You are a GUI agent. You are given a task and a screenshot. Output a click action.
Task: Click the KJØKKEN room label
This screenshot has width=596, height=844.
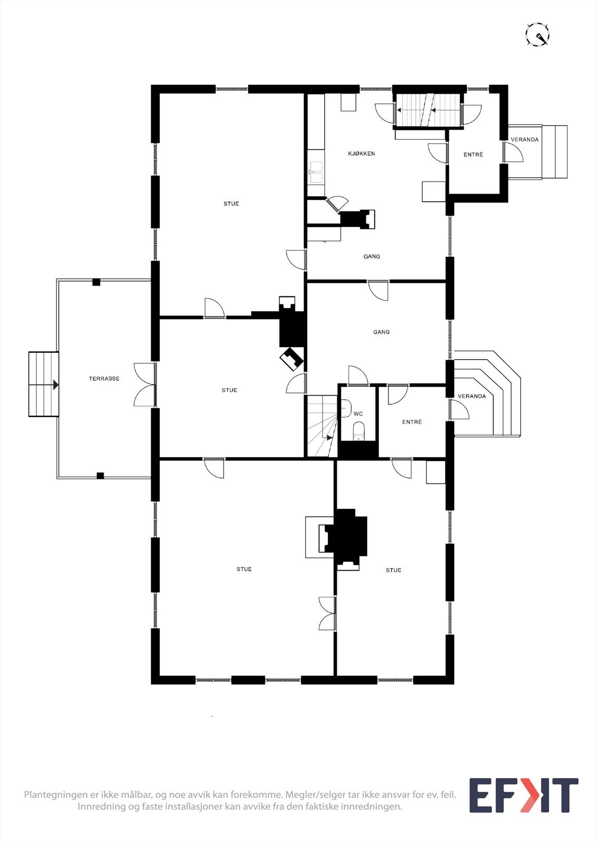pyautogui.click(x=361, y=154)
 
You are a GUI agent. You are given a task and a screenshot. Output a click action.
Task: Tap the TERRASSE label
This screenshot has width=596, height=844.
pyautogui.click(x=104, y=379)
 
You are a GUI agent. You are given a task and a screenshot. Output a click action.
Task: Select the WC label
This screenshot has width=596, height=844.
pyautogui.click(x=358, y=414)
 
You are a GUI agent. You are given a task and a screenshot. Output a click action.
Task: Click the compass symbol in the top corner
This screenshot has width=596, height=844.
pyautogui.click(x=538, y=35)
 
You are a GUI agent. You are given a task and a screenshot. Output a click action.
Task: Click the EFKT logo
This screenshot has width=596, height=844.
pyautogui.click(x=523, y=795)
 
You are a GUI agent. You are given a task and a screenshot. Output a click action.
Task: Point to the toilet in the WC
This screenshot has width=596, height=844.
pyautogui.click(x=358, y=430)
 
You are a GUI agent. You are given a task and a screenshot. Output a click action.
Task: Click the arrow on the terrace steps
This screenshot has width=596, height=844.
pyautogui.click(x=55, y=385)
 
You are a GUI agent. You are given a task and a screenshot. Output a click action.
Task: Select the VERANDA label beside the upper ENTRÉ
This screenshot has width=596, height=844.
pyautogui.click(x=524, y=140)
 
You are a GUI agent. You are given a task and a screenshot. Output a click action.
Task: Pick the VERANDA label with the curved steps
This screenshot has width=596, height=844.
pyautogui.click(x=472, y=396)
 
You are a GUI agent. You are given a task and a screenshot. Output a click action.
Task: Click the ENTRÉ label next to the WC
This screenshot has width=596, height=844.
pyautogui.click(x=412, y=422)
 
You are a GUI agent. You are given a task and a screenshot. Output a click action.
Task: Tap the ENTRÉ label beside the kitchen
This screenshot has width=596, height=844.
pyautogui.click(x=473, y=155)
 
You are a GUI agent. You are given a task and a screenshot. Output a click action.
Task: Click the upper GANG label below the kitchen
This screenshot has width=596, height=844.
pyautogui.click(x=372, y=256)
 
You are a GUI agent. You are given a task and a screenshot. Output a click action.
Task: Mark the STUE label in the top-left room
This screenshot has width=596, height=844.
pyautogui.click(x=231, y=204)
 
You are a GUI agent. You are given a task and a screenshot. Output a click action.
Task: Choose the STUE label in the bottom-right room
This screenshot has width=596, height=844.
pyautogui.click(x=394, y=570)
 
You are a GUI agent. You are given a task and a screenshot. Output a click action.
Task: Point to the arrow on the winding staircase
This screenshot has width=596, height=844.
pyautogui.click(x=329, y=437)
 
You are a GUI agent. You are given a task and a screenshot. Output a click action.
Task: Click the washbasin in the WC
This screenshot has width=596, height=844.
pyautogui.click(x=346, y=408)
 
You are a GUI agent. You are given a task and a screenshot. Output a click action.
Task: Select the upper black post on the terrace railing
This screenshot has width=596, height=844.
pyautogui.click(x=96, y=282)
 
